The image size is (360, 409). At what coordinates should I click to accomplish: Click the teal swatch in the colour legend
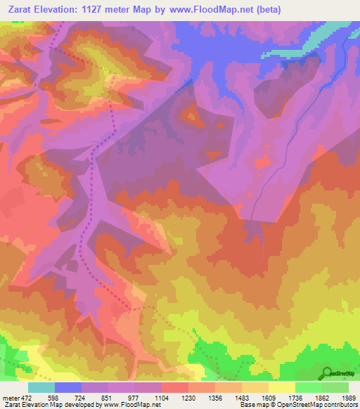point(41,387)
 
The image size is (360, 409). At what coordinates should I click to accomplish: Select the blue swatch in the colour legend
point(68,387)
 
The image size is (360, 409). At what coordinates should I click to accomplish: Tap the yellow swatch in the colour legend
point(282,387)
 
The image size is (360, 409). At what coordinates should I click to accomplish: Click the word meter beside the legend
point(10,397)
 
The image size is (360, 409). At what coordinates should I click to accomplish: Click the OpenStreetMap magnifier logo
point(328,373)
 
